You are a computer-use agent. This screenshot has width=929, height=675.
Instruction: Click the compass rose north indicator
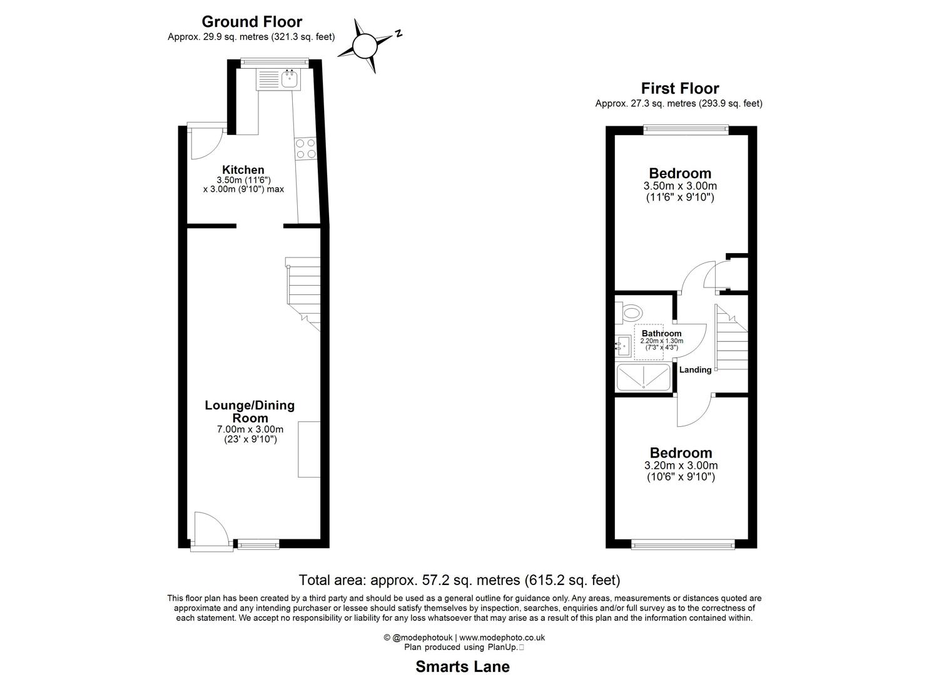(x=365, y=44)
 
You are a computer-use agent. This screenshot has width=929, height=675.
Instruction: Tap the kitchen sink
(x=289, y=79)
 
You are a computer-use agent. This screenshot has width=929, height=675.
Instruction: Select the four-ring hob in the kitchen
(x=305, y=149)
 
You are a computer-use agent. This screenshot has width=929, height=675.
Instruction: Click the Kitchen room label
(x=243, y=169)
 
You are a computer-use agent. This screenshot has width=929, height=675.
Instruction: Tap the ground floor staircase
(x=303, y=287)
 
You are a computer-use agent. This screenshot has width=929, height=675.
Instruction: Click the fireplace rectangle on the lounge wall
(x=309, y=450)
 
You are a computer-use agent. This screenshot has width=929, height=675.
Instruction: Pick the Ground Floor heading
(x=251, y=22)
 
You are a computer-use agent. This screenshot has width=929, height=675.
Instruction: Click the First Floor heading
(x=679, y=89)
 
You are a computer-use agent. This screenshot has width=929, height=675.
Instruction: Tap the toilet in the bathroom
(x=630, y=312)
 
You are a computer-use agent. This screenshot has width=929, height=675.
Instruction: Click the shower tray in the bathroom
(x=644, y=378)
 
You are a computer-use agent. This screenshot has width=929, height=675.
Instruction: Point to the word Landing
(x=695, y=370)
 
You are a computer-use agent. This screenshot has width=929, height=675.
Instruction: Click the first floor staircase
(x=731, y=338)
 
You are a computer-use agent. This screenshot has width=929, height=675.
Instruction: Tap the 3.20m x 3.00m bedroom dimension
(x=681, y=466)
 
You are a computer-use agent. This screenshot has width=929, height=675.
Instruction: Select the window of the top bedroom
(x=687, y=129)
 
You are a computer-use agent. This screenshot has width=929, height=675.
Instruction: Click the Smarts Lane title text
(x=462, y=667)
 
